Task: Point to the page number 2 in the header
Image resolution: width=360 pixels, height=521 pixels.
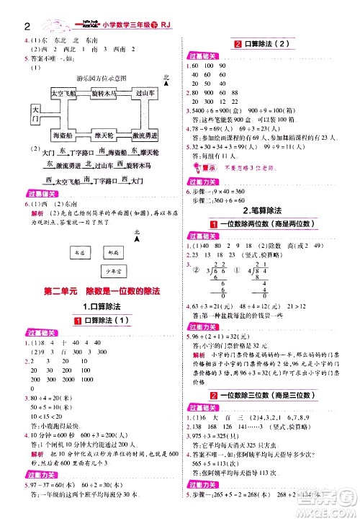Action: pos(7,8)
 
